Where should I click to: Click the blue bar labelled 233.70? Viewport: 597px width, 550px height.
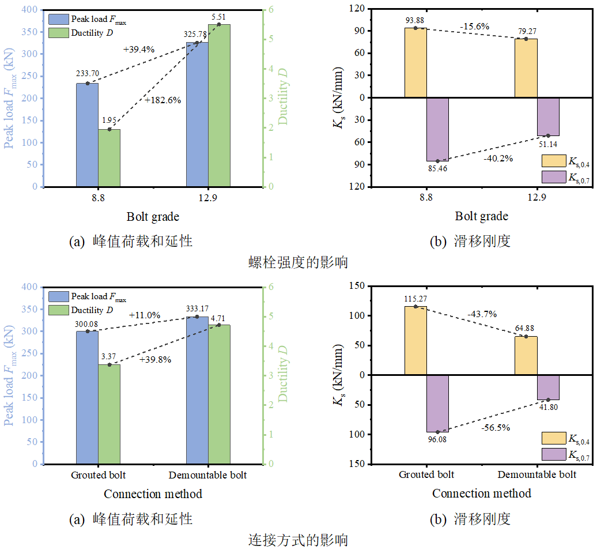click(x=87, y=135)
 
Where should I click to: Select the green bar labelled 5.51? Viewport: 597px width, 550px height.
click(x=219, y=106)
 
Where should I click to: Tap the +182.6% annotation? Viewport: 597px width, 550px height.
click(x=163, y=100)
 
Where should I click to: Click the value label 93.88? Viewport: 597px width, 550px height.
click(x=415, y=21)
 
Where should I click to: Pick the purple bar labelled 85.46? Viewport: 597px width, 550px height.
click(x=437, y=129)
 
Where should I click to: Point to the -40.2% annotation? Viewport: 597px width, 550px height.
click(x=498, y=158)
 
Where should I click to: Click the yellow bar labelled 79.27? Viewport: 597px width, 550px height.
click(x=526, y=68)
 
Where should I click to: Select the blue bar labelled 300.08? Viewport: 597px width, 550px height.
click(x=87, y=397)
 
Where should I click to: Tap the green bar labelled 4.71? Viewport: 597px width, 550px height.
click(x=219, y=394)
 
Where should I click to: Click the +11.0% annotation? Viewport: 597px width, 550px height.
click(x=145, y=315)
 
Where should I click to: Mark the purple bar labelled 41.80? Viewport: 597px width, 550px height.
click(x=548, y=387)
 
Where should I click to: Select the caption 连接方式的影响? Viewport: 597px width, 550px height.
click(x=298, y=540)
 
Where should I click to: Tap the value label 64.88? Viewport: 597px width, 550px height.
click(x=526, y=329)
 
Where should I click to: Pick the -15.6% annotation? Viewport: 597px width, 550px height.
click(x=475, y=26)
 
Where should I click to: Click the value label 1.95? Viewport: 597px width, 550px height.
click(x=109, y=120)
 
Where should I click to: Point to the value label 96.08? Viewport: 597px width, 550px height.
click(x=437, y=439)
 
